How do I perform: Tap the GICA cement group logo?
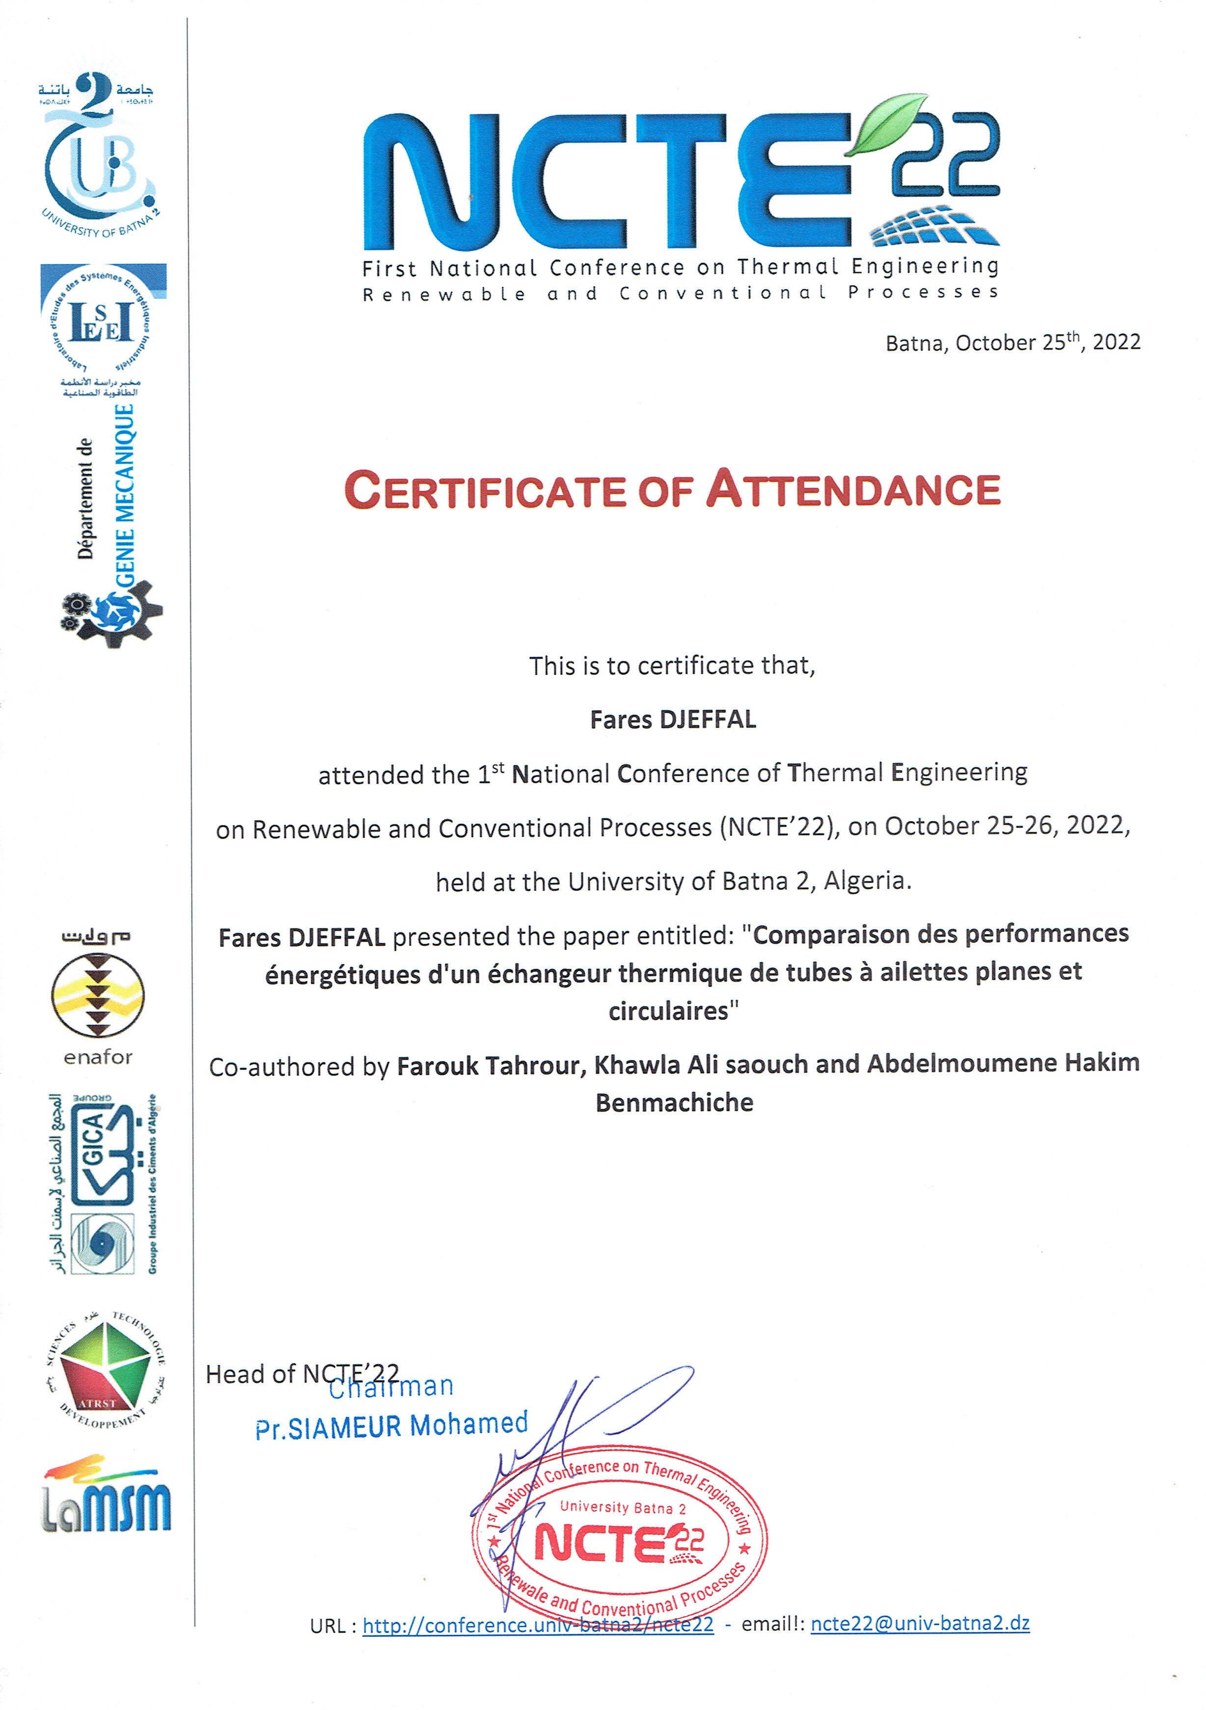103,1184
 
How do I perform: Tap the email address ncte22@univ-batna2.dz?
920,1624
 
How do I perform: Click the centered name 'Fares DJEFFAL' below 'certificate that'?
673,720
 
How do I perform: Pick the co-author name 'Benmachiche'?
674,1102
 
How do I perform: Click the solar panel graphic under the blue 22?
935,226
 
